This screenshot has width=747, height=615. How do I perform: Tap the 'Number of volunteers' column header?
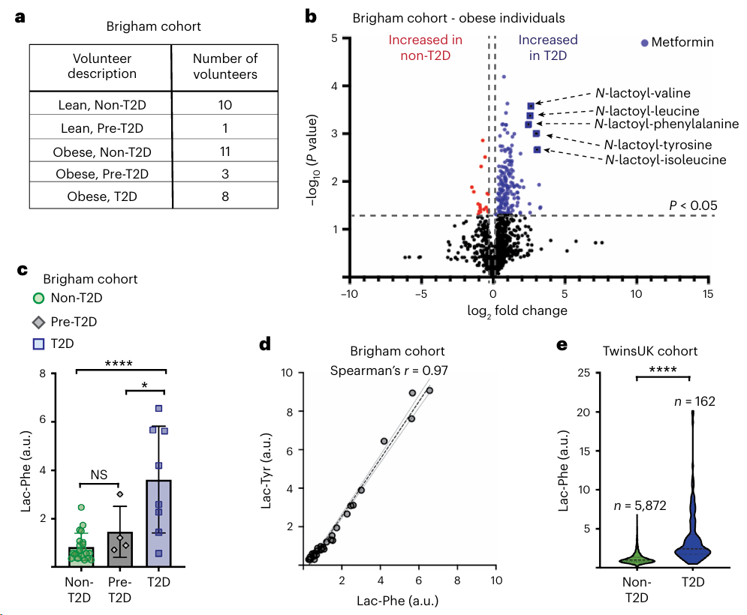coord(224,66)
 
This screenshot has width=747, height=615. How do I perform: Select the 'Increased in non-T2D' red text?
coord(425,47)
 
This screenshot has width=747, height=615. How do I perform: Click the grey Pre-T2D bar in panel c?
coord(121,548)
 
